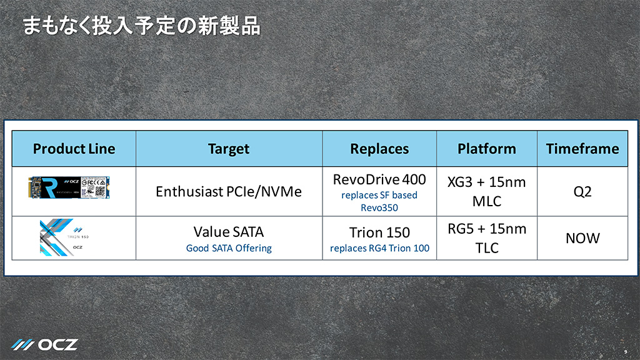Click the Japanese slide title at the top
(141, 26)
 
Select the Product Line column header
(74, 149)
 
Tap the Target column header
(229, 149)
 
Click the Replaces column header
(379, 149)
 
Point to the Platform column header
(486, 149)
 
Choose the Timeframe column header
(582, 149)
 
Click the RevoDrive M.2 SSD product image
(69, 187)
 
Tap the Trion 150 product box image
(64, 237)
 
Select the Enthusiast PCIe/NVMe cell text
(229, 191)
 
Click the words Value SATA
(229, 232)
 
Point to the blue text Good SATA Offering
(229, 248)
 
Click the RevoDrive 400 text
(379, 179)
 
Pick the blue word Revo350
(379, 207)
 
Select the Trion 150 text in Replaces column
(379, 232)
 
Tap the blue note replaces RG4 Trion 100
(379, 248)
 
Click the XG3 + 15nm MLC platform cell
(486, 191)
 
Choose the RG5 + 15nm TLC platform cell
(486, 238)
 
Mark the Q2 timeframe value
(582, 191)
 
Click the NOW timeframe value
(582, 238)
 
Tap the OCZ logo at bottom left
(44, 345)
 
